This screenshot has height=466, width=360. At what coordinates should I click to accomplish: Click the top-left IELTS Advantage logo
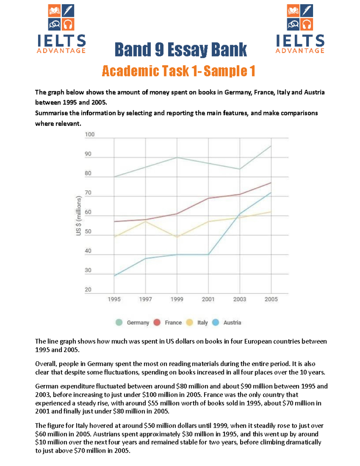click(61, 29)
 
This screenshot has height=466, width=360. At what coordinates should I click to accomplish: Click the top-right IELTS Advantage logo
click(300, 29)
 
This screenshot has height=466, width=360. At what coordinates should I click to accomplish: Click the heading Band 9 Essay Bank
click(180, 50)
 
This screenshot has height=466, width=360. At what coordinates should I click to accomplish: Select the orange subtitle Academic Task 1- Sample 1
click(178, 71)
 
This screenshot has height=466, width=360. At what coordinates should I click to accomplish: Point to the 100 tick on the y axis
click(89, 134)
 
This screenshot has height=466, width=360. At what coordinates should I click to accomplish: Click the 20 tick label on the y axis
click(88, 290)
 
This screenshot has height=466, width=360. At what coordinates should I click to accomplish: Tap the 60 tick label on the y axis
click(88, 212)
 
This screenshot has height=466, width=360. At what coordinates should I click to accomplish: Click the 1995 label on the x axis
click(114, 299)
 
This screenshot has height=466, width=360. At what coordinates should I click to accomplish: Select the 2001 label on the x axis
click(208, 299)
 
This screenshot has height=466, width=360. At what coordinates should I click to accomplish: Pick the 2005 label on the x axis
click(271, 299)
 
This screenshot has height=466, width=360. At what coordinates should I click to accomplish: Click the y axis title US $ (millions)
click(79, 215)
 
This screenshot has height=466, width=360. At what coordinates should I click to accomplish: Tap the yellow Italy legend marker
click(190, 323)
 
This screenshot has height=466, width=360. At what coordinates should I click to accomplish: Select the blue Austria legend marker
click(216, 323)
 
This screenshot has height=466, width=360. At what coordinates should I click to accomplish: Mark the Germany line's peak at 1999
click(177, 157)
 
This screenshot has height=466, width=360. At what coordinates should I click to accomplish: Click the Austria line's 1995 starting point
click(114, 276)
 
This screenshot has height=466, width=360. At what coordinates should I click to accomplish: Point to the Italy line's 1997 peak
click(145, 221)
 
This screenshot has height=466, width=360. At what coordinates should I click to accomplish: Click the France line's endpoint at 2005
click(271, 182)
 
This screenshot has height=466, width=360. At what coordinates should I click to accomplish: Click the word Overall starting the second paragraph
click(46, 364)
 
